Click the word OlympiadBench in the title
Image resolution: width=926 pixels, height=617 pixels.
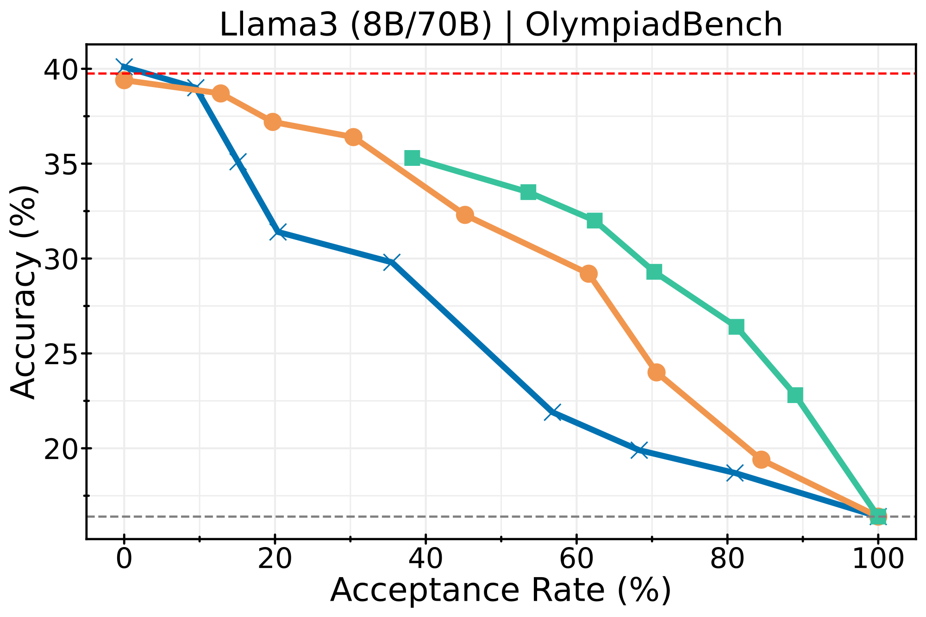654,25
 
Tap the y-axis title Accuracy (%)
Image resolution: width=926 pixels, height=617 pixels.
23,292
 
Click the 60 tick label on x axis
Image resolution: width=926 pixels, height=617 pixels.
576,560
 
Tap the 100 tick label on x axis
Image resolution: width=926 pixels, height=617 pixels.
877,560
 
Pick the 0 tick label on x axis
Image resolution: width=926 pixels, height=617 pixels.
124,560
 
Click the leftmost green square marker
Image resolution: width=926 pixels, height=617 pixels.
412,158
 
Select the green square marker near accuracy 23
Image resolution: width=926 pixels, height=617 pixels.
795,395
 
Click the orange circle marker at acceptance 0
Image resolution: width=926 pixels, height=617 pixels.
124,81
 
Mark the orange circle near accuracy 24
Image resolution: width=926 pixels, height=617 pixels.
657,372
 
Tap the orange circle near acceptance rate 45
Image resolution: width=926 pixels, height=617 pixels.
465,215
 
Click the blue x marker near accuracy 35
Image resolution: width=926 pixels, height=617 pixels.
238,162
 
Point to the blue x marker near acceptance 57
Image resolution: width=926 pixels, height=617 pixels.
553,412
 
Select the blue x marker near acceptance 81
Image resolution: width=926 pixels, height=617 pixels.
735,473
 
